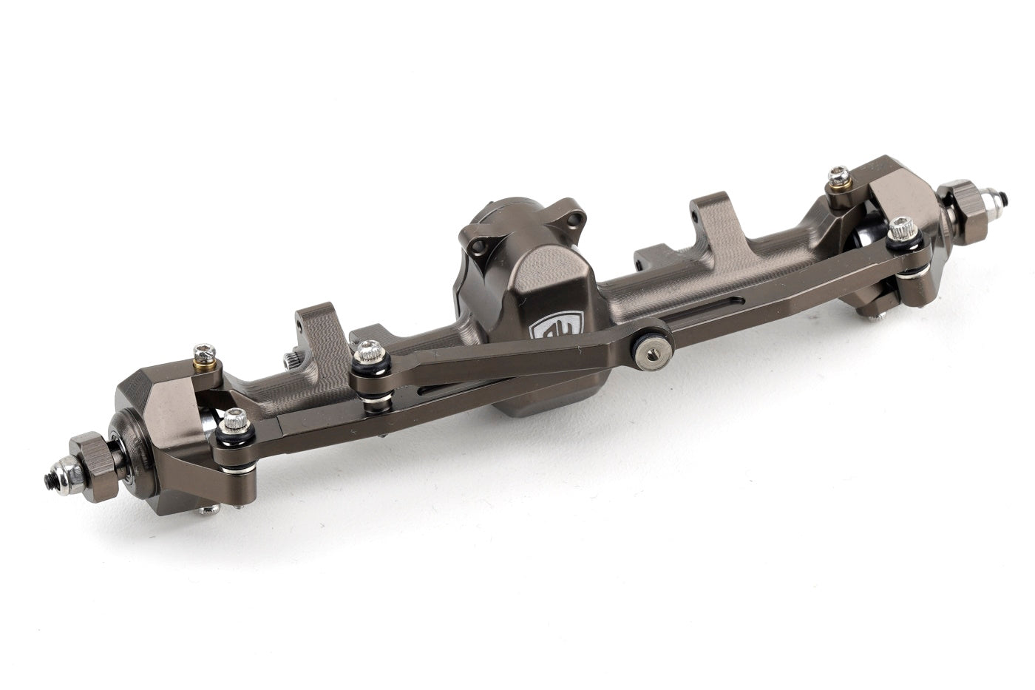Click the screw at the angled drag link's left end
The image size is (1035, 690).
(x=368, y=353)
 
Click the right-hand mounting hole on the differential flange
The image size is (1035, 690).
(x=571, y=220)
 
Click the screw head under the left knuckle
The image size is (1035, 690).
(x=210, y=510)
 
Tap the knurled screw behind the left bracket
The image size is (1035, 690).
(x=291, y=360)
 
